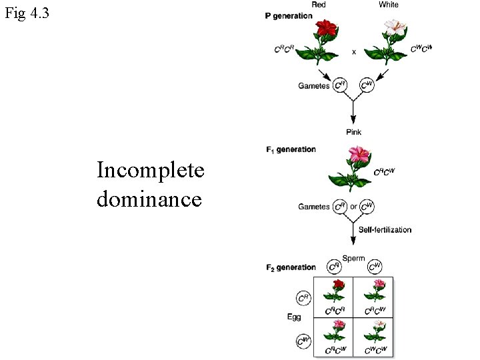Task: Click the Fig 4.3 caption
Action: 27,13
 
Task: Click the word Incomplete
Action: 150,171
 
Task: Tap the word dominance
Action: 149,198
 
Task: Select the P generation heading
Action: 289,16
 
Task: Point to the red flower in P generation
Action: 327,28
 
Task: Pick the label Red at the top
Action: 319,5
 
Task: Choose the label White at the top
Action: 389,5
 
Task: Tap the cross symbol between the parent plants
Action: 354,51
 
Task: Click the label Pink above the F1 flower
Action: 354,132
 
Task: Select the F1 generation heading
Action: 291,149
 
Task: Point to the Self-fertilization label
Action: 385,229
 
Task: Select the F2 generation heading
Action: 291,267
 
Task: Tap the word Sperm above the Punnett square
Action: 353,258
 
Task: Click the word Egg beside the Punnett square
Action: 294,317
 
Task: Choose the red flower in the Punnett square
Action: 338,285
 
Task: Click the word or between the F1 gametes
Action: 354,207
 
